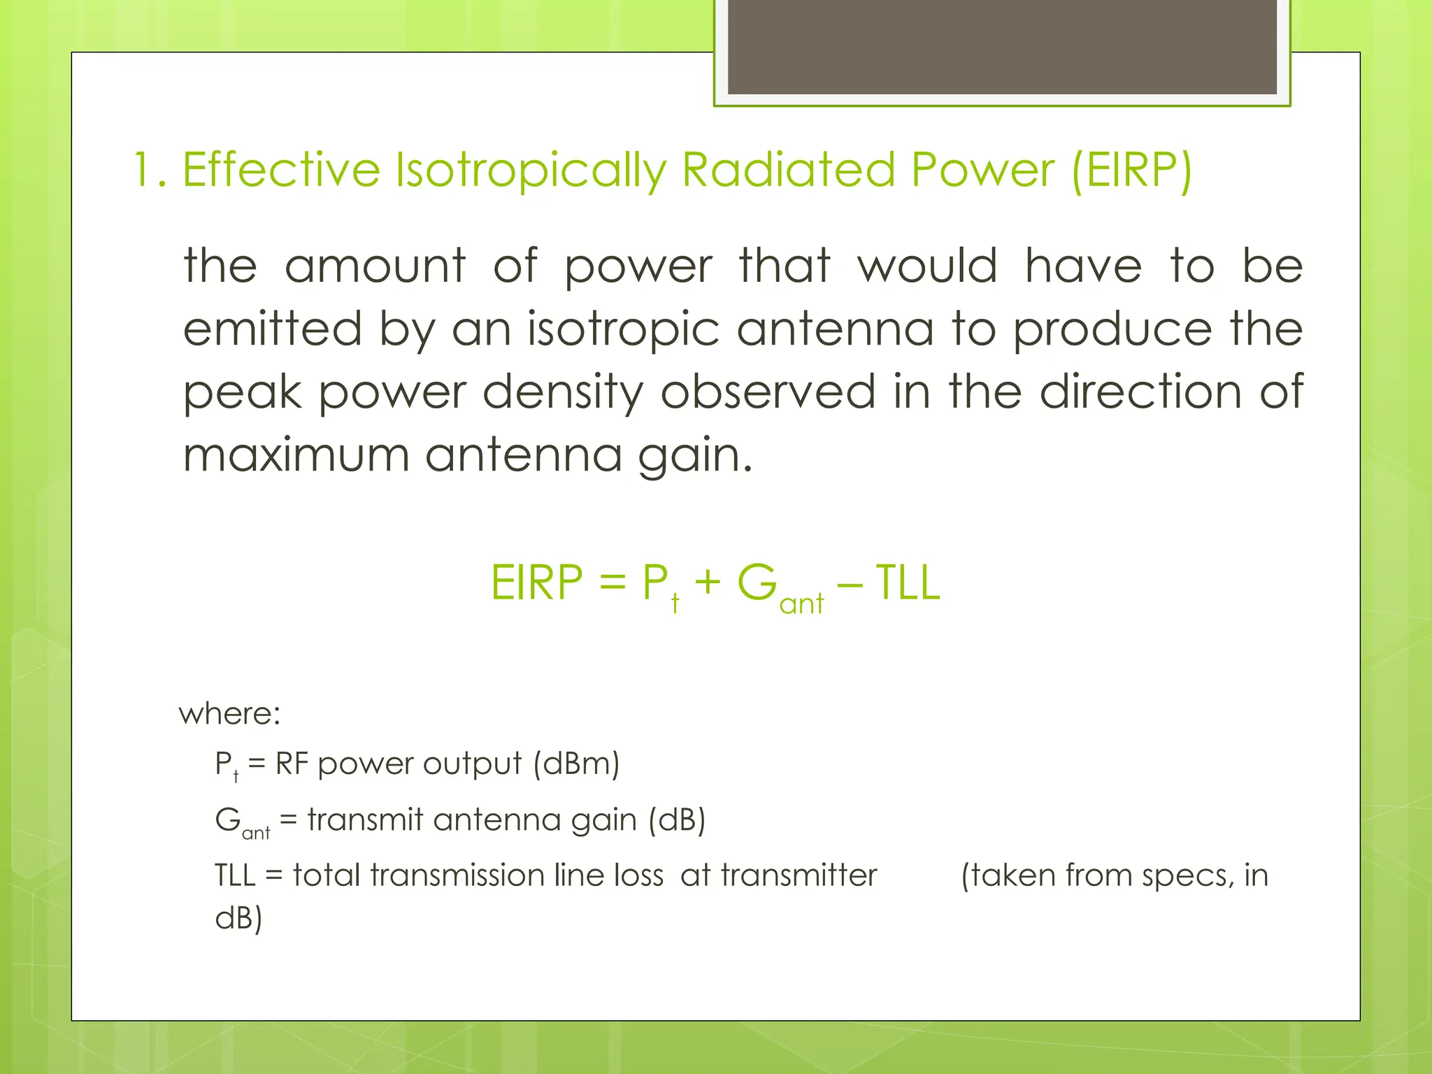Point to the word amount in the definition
pyautogui.click(x=375, y=266)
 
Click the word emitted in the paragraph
pyautogui.click(x=272, y=329)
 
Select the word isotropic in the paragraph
pyautogui.click(x=623, y=330)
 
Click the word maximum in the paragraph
pyautogui.click(x=296, y=455)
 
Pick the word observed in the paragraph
pyautogui.click(x=768, y=392)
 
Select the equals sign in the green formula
pyautogui.click(x=612, y=584)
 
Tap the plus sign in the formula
pyautogui.click(x=708, y=584)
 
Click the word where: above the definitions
pyautogui.click(x=229, y=714)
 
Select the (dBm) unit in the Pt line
pyautogui.click(x=576, y=764)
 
